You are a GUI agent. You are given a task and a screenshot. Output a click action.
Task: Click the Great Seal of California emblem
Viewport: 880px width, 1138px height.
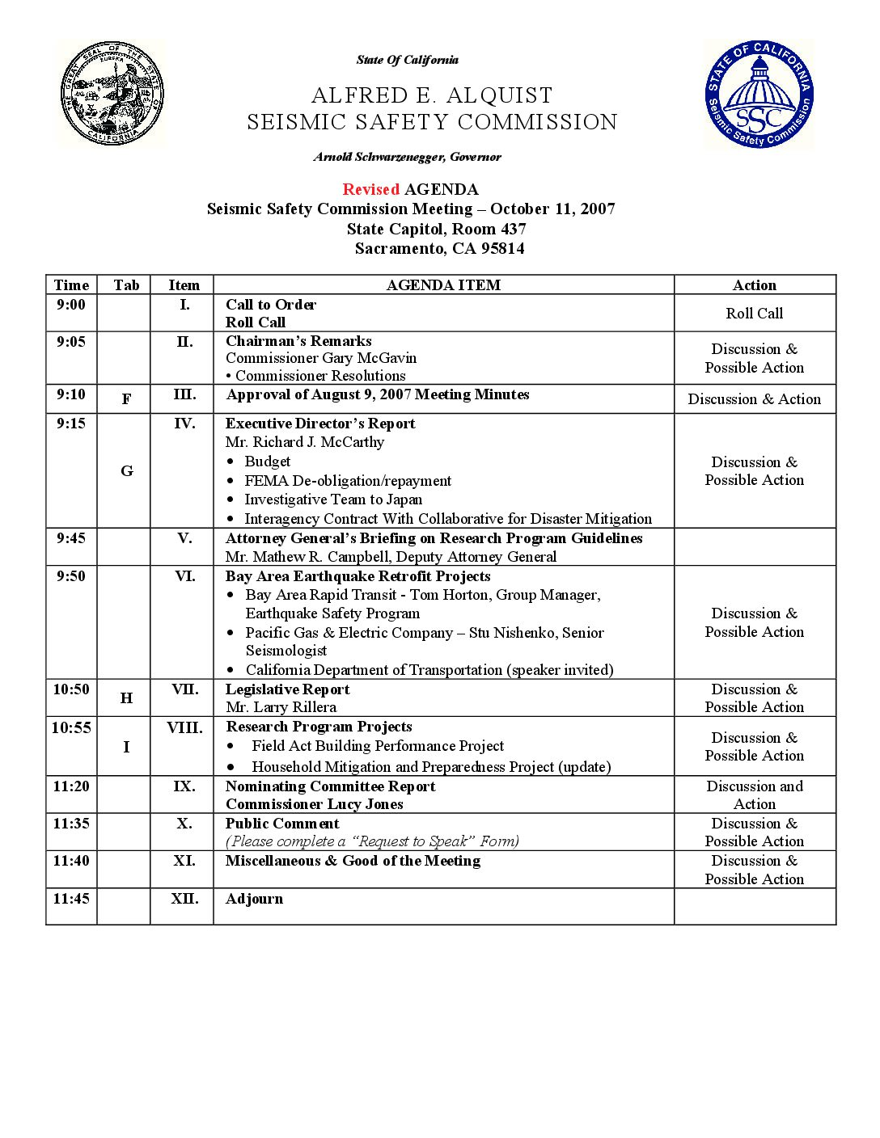(112, 94)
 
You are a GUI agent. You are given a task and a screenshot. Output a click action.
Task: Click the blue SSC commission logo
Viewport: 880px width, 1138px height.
(758, 95)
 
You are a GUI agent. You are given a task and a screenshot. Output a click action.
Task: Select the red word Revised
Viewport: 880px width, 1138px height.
(370, 189)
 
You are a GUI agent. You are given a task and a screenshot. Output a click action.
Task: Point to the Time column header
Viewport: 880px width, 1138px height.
(71, 284)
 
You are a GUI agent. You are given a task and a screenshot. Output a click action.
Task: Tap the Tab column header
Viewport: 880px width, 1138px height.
(126, 284)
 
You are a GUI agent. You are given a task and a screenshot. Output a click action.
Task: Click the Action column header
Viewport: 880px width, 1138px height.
(754, 284)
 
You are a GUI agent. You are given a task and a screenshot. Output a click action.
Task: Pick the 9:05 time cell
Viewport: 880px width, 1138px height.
(71, 342)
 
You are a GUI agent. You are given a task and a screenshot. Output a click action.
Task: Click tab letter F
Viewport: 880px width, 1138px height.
(126, 398)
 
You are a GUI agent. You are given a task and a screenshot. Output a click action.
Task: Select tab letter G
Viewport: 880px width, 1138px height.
(126, 471)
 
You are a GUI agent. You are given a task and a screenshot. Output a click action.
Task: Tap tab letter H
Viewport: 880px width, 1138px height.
(126, 698)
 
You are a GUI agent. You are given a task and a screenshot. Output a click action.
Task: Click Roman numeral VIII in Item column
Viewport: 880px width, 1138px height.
(184, 727)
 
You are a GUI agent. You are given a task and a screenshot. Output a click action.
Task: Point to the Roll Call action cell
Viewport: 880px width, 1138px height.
(754, 313)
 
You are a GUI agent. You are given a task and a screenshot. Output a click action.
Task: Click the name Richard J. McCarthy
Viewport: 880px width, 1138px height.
(319, 442)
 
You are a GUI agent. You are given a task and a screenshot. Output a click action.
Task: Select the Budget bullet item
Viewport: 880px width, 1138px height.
(267, 462)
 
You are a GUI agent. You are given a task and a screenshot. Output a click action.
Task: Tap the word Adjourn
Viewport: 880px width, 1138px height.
(254, 899)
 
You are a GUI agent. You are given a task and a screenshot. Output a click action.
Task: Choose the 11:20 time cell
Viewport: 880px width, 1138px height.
(71, 786)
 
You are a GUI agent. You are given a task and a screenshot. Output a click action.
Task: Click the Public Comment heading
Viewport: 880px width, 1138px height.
(282, 824)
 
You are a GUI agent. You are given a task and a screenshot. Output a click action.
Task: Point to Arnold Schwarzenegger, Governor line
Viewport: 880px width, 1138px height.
(408, 157)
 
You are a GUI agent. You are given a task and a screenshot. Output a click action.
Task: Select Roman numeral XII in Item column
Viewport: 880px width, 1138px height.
(184, 899)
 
